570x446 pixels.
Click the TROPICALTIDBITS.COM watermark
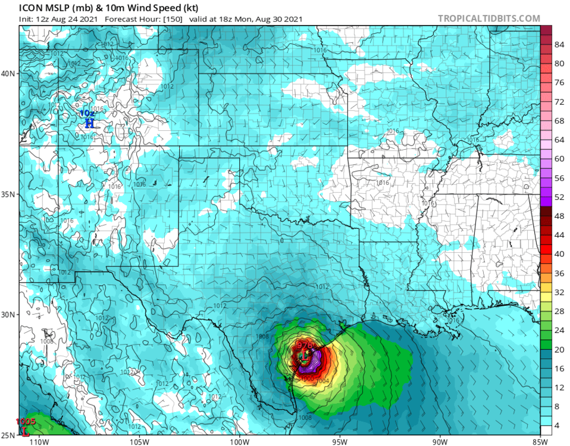tap(489, 18)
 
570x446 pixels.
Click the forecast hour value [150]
tap(173, 19)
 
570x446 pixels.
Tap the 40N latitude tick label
tap(9, 73)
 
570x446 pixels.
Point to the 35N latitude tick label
tap(9, 194)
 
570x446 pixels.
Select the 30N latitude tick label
tap(9, 315)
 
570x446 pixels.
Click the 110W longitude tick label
tap(39, 441)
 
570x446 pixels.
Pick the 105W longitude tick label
tap(139, 441)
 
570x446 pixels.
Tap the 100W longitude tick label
tap(239, 441)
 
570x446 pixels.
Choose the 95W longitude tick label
tap(340, 441)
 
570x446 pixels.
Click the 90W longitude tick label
tap(440, 441)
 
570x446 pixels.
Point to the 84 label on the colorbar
tap(559, 45)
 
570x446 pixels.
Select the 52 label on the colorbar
tap(559, 197)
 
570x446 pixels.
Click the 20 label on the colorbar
tap(559, 350)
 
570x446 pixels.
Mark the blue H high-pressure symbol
tap(89, 124)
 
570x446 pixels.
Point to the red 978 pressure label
tap(305, 345)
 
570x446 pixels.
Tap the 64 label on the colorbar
tap(559, 140)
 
